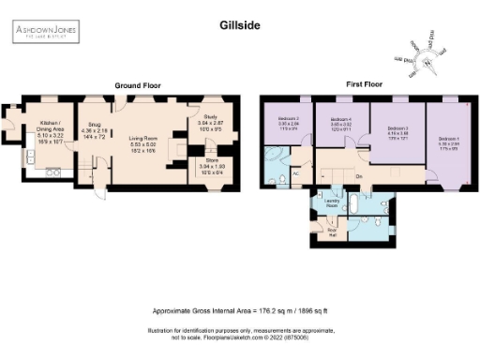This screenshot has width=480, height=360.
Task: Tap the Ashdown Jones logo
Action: click(45, 35)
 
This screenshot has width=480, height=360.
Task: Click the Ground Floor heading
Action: click(137, 85)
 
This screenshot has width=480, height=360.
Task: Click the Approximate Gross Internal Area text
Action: click(239, 310)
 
